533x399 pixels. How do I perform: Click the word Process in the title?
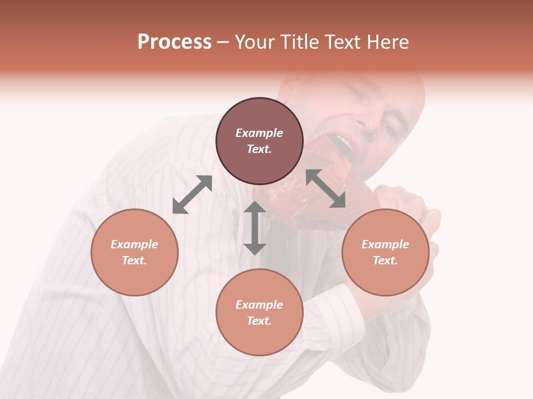(x=174, y=42)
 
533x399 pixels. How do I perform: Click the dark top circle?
(x=259, y=141)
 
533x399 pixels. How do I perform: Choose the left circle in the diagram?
(x=134, y=252)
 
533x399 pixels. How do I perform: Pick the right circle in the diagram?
(x=385, y=252)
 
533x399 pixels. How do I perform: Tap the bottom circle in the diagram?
(x=259, y=312)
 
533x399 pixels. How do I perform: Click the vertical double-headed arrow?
(x=255, y=228)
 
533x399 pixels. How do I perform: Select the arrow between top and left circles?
(x=192, y=194)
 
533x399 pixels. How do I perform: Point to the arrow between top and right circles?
(x=325, y=189)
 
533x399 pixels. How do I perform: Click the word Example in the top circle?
(x=259, y=133)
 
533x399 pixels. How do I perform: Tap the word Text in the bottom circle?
(x=259, y=321)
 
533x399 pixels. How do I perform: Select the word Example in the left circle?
(x=134, y=244)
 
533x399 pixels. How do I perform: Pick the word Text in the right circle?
(x=385, y=260)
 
